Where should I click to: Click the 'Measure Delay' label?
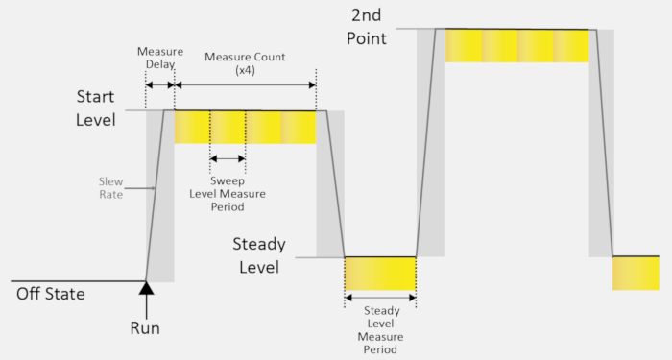click(x=159, y=58)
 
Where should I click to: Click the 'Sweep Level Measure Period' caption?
click(x=228, y=193)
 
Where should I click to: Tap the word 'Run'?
click(x=145, y=328)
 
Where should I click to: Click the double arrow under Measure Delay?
click(x=159, y=86)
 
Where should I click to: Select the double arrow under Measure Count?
click(x=245, y=86)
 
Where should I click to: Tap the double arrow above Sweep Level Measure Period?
click(x=228, y=158)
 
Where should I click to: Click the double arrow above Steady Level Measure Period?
click(x=380, y=298)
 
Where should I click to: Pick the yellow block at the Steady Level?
click(x=380, y=274)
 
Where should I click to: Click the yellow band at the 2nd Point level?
click(x=516, y=45)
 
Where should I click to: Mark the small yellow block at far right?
click(x=636, y=273)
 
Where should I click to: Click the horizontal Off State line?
click(x=77, y=282)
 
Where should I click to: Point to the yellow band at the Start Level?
click(x=245, y=128)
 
